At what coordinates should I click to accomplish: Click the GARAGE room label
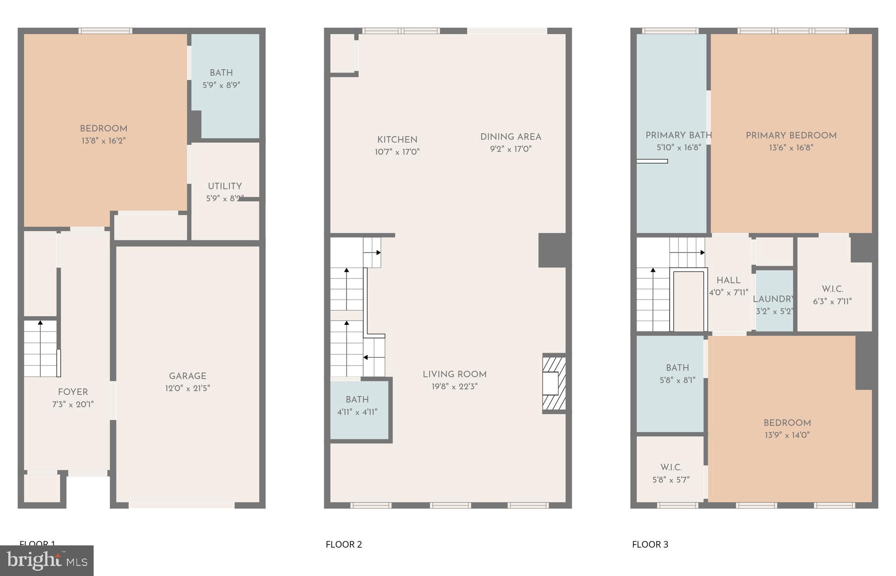188,376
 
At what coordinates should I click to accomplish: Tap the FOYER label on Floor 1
73,392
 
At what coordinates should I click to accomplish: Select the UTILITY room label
225,186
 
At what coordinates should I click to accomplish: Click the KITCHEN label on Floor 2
397,140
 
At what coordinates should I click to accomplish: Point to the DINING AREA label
511,137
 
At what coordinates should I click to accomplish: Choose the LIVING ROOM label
455,375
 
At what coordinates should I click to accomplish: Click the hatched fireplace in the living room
554,384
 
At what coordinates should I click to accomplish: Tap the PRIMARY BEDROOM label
791,136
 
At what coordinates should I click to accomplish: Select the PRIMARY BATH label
679,136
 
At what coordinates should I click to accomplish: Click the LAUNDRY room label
773,299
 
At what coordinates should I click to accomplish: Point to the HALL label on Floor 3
728,281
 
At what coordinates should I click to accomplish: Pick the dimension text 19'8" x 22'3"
455,387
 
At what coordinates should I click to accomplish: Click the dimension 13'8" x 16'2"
104,141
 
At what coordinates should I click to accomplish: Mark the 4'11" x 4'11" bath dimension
357,412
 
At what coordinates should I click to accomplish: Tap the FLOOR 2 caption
344,545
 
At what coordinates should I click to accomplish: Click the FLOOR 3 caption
650,545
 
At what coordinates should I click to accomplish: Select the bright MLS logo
47,560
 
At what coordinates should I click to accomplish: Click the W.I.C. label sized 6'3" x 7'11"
832,290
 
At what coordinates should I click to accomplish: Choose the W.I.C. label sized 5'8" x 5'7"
671,468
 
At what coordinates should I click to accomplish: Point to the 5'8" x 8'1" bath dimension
677,381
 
